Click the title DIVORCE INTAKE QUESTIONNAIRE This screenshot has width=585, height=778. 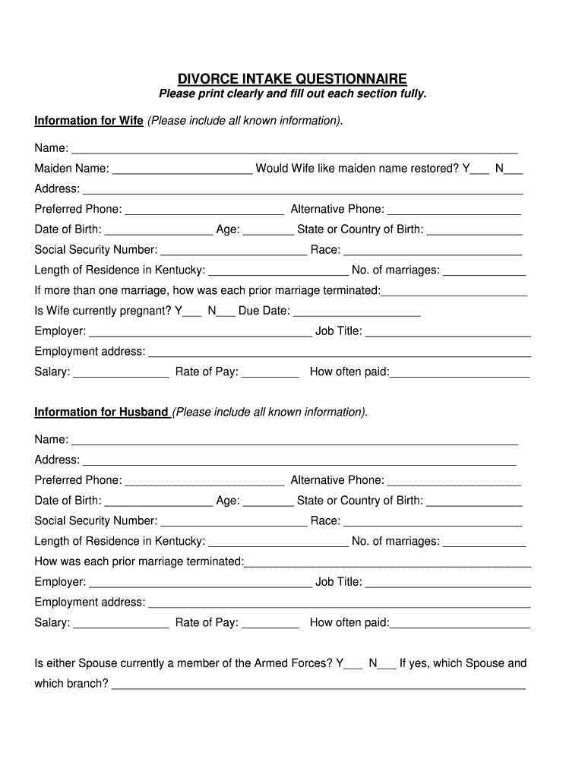(292, 79)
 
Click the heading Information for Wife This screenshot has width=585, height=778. (89, 121)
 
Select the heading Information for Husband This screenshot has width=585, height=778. (102, 412)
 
